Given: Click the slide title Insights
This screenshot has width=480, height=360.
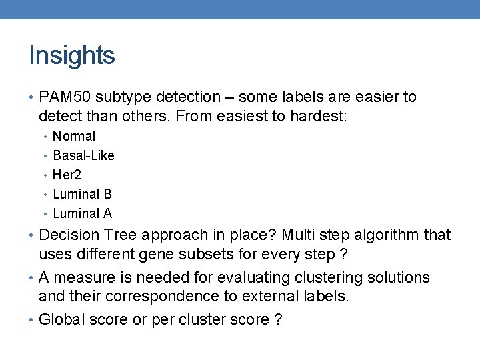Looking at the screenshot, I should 72,55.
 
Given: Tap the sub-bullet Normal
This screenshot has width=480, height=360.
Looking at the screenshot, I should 74,136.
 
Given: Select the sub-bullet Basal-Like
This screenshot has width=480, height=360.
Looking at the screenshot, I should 83,155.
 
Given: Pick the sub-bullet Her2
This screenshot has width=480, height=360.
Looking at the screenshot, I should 67,175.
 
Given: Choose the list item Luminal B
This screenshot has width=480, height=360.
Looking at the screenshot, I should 82,194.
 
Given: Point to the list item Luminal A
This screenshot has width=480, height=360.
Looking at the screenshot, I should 82,213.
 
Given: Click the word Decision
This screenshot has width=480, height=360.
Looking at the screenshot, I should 67,235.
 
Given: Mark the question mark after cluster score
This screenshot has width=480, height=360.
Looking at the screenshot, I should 278,319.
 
